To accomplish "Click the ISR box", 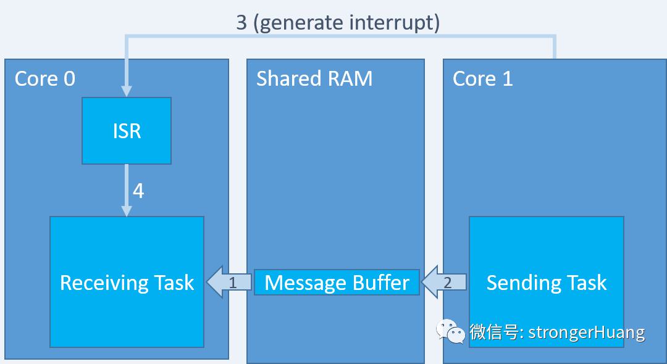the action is (127, 131).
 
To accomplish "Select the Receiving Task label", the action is (127, 283).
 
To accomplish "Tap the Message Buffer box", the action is (337, 283).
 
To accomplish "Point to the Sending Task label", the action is (546, 283).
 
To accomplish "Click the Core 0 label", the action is (45, 79).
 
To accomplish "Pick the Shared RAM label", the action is (314, 79).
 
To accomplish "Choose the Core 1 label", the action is (482, 79).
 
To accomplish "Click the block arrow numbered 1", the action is (229, 283).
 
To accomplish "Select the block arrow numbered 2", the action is (443, 283).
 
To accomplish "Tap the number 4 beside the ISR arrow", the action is (138, 191).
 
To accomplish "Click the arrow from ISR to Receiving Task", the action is (127, 190).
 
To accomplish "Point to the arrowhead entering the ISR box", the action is (127, 91).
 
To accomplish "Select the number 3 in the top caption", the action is (241, 22).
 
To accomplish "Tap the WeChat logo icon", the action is (450, 331).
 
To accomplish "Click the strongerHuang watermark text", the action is (587, 333).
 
